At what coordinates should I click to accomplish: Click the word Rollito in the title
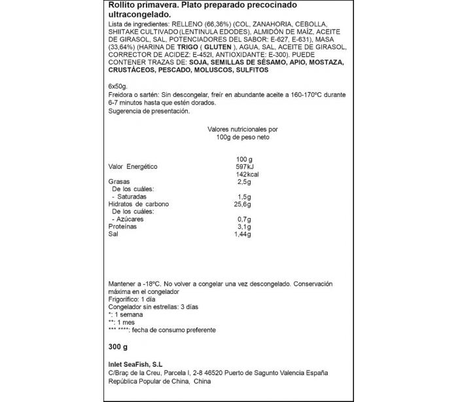point(122,6)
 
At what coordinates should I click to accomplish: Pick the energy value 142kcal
point(246,175)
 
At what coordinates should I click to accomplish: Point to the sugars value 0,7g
point(244,219)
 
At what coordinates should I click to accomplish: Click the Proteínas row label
point(123,227)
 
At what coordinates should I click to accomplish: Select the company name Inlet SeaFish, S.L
point(136,365)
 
